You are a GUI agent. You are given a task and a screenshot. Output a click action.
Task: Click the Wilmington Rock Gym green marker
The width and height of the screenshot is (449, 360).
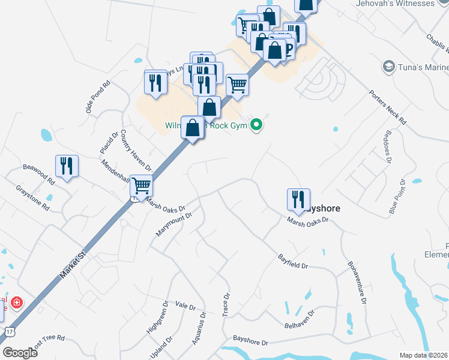click(257, 125)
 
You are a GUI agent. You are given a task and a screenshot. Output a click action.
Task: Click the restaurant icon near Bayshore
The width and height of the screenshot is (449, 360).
click(298, 200)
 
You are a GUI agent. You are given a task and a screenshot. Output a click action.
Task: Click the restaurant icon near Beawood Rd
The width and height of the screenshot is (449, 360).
click(67, 166)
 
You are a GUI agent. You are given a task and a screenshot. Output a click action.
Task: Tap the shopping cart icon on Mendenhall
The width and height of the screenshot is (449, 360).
click(141, 186)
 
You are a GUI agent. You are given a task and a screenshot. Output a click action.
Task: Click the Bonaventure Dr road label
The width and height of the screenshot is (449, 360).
click(357, 281)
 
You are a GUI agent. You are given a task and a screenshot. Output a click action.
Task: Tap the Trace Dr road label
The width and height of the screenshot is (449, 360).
click(226, 305)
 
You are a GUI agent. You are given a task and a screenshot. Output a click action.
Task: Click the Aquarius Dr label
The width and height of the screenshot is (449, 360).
click(199, 327)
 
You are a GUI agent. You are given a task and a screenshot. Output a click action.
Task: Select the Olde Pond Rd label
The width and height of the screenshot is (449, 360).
click(98, 97)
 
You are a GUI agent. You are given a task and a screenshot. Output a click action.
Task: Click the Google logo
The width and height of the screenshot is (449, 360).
click(20, 353)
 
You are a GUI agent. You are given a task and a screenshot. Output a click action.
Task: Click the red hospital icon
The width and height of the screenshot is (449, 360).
click(16, 302)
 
